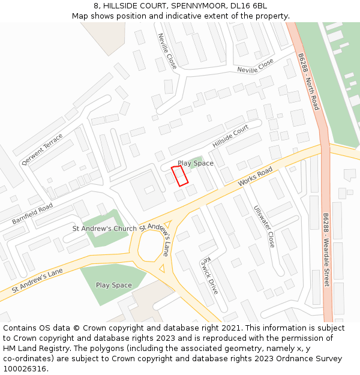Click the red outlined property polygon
point(180,175)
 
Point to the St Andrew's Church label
point(104,229)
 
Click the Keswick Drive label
point(210,275)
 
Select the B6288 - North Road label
point(308,82)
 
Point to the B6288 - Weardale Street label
point(326,250)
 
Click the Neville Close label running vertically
point(167,51)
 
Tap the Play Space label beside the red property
point(195,163)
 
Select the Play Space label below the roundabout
point(113,285)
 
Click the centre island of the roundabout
point(151,247)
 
